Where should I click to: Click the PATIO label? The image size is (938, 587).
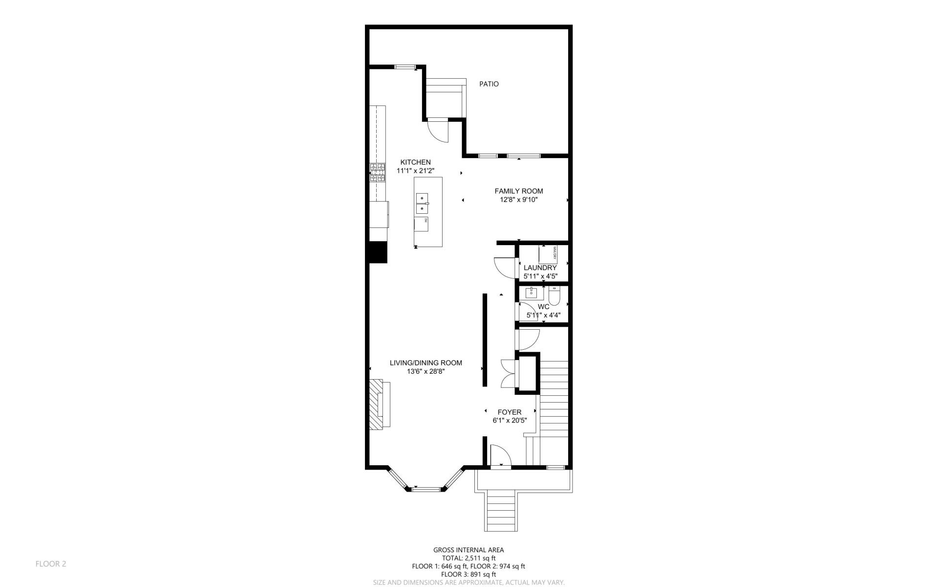(x=489, y=84)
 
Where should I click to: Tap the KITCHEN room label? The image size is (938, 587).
(x=415, y=162)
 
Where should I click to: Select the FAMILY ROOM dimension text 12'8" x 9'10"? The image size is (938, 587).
(x=518, y=200)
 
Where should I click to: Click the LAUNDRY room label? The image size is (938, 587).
(x=540, y=268)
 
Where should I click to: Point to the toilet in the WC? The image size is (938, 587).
(x=555, y=296)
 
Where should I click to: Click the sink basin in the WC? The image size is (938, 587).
(x=531, y=293)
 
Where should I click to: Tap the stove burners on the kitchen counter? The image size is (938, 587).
(x=377, y=173)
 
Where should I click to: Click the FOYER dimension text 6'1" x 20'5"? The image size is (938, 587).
(x=510, y=420)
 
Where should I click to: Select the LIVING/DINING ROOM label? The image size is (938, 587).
(x=426, y=363)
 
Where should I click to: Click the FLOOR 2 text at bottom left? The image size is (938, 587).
(x=50, y=564)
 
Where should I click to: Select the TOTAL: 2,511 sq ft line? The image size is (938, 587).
(x=469, y=558)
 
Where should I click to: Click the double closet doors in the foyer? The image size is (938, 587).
(x=509, y=374)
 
